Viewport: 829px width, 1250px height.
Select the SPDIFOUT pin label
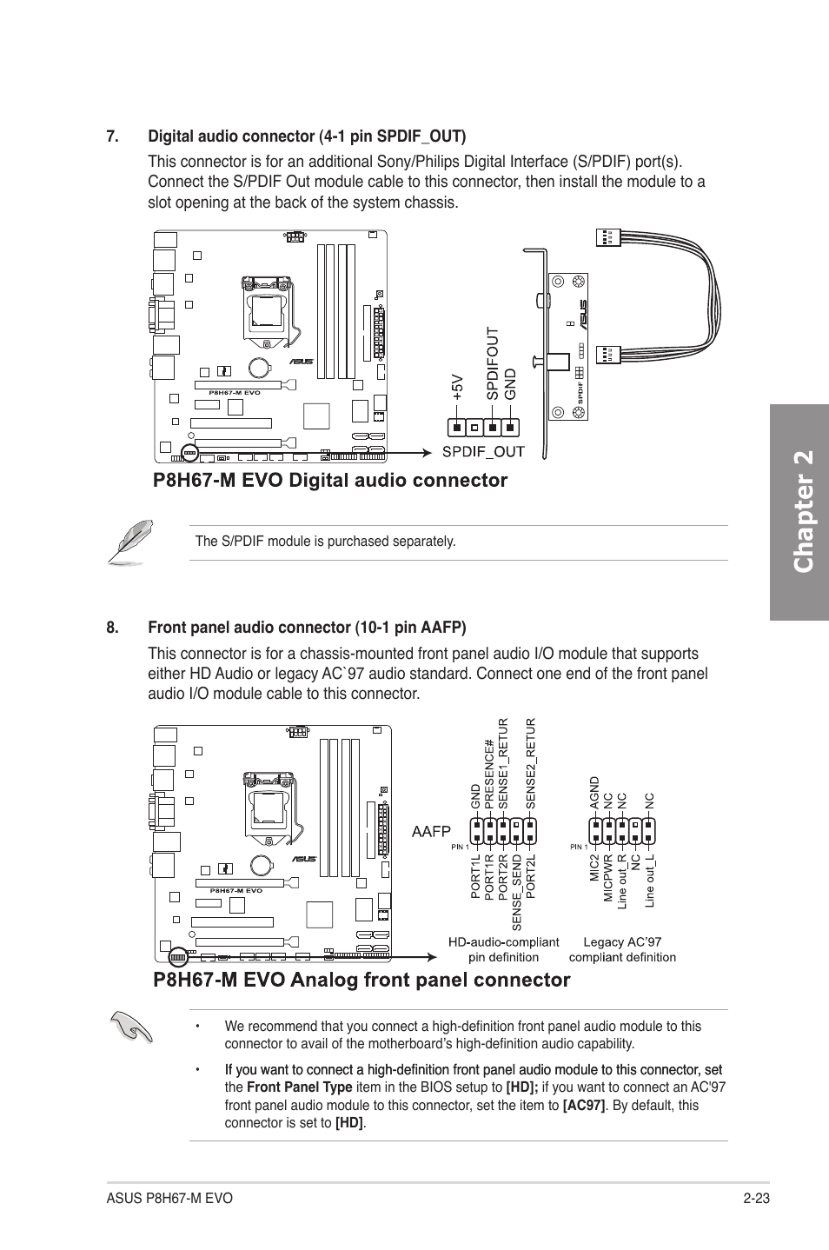click(x=492, y=363)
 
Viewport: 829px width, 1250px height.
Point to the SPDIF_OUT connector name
click(x=483, y=450)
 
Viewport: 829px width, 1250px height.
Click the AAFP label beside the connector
click(x=431, y=832)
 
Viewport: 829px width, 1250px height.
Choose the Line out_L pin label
click(x=649, y=882)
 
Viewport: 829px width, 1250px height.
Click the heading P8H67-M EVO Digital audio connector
click(x=330, y=480)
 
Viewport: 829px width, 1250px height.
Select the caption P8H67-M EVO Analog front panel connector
click(x=361, y=980)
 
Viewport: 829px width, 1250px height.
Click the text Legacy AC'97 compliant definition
click(x=622, y=949)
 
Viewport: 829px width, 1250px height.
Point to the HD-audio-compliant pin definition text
click(x=503, y=949)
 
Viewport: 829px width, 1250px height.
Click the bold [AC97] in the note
click(x=583, y=1105)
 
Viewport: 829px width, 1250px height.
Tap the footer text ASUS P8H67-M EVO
click(x=170, y=1198)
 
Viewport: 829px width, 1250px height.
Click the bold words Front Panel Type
click(x=299, y=1087)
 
